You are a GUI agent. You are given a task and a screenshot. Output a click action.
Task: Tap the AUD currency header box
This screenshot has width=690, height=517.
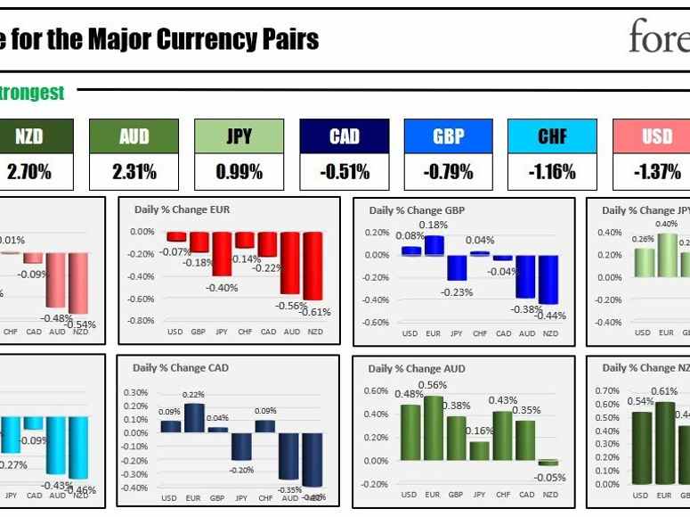tap(134, 136)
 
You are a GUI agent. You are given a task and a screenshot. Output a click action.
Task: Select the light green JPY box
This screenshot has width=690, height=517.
tap(239, 136)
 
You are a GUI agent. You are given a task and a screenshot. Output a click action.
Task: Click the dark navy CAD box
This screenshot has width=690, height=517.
tap(344, 136)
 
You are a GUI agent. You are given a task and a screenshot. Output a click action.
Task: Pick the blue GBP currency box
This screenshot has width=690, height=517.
tap(448, 136)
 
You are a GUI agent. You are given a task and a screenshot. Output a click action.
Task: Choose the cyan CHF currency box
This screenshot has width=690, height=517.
tap(552, 136)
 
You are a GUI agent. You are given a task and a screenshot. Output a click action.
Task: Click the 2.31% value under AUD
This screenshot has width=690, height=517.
tap(134, 171)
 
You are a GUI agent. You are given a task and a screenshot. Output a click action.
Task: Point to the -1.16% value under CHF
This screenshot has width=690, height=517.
tap(552, 171)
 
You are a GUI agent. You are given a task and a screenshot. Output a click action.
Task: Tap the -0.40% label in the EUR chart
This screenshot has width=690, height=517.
tap(223, 287)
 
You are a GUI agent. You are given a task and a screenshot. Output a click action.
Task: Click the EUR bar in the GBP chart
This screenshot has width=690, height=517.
tap(434, 245)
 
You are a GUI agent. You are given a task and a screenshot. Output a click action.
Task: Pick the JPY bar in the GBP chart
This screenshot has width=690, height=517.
tap(457, 267)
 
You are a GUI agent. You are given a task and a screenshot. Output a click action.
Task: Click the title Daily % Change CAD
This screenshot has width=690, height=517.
tap(181, 367)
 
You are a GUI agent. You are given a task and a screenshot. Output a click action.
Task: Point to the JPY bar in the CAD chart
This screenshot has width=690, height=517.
tap(240, 447)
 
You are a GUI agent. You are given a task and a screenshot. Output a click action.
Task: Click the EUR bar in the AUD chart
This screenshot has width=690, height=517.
tap(433, 428)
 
